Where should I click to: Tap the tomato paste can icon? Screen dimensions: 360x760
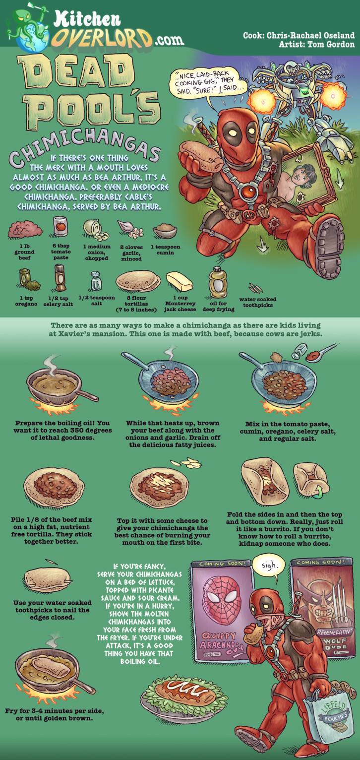(60, 227)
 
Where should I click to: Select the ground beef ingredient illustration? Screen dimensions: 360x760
(25, 230)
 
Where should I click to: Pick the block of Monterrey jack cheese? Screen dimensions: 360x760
(180, 281)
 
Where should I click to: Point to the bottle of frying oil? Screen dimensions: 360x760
(218, 282)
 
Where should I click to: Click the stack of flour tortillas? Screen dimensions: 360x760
(138, 281)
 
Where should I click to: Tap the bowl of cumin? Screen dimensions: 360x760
(165, 231)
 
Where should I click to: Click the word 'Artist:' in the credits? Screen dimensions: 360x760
(291, 44)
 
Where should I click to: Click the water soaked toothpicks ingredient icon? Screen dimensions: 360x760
(255, 288)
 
